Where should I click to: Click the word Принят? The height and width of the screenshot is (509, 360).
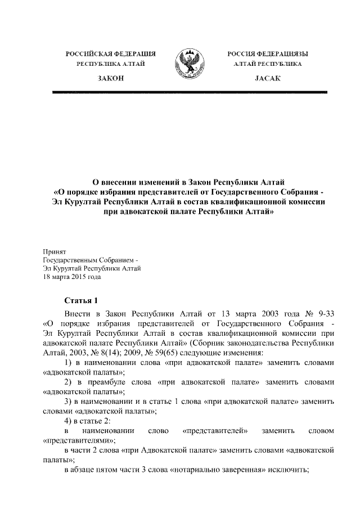pyautogui.click(x=55, y=251)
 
